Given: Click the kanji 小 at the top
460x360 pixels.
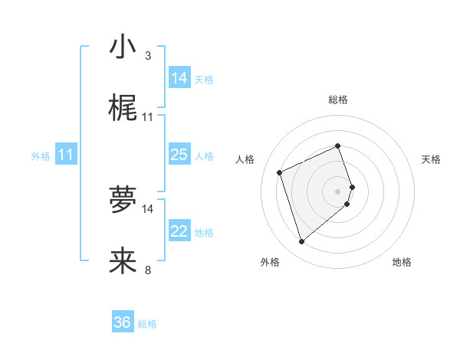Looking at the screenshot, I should pos(123,47).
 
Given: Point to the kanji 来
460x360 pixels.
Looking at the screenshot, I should pos(123,260).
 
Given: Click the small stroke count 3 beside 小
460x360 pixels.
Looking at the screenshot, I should pos(147,56).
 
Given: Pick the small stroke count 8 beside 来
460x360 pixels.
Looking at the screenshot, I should pos(147,270).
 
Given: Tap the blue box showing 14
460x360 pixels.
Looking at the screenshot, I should pos(179,78).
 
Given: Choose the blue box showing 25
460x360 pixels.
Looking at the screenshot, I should pos(179,155).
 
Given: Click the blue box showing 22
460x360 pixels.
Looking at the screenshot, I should pos(179,231).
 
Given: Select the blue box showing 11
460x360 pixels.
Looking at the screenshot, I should pos(66,155).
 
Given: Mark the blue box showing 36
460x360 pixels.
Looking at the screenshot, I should pos(123,322).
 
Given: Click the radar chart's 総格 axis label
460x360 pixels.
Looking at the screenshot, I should pos(338,100).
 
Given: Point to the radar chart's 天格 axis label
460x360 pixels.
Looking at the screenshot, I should pos(431,159).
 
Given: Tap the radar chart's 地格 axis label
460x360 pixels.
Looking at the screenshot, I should pos(402,262).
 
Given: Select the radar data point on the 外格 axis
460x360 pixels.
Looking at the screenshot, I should pos(301,242).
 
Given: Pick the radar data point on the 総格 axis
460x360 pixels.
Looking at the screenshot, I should pos(338,146).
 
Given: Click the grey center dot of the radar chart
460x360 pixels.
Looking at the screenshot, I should pos(338,191).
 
